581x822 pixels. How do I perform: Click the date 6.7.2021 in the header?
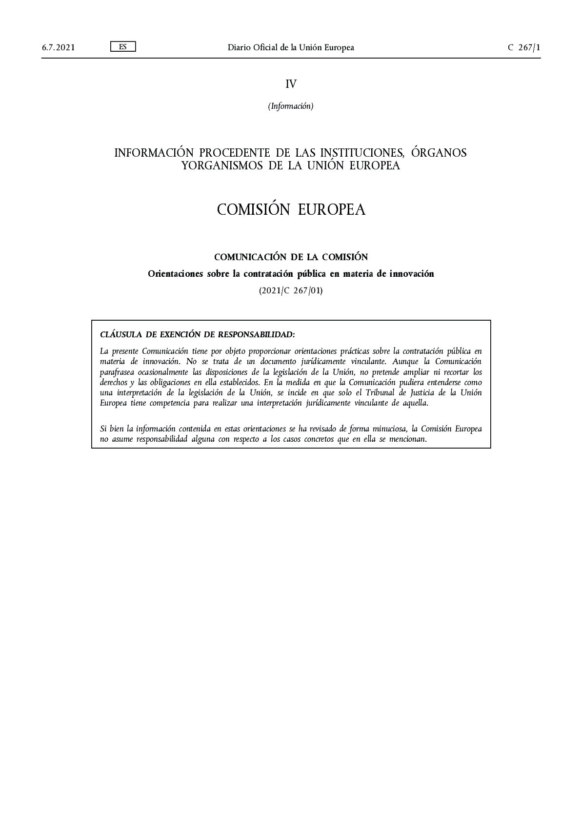[58, 47]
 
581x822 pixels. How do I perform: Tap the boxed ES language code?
[122, 47]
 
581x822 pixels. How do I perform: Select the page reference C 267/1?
[524, 47]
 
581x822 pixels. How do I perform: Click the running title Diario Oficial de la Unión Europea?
[291, 47]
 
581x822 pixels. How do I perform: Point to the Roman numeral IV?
[291, 84]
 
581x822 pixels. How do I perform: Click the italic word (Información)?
[291, 106]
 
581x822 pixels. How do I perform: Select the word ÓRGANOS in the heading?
[439, 153]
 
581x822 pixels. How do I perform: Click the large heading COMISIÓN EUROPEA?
[291, 209]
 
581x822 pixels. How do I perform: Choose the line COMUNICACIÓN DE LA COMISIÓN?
[291, 257]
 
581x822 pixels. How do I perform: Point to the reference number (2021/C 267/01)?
[291, 291]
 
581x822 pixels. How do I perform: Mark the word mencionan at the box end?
[407, 439]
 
